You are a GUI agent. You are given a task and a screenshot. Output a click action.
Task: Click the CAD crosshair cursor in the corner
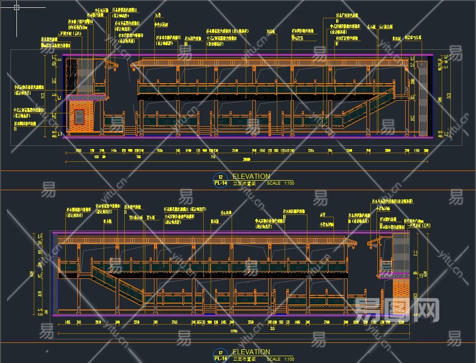[17, 7]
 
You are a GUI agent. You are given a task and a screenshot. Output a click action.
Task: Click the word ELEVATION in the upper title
[251, 176]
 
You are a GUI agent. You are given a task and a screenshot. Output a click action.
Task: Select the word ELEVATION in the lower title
[251, 352]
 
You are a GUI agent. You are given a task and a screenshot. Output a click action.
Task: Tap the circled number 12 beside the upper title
[221, 177]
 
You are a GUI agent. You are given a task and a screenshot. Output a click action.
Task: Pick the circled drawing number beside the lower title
[221, 352]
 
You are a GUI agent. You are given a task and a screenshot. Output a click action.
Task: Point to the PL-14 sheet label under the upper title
[221, 183]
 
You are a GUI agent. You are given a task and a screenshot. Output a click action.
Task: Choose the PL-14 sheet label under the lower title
[221, 358]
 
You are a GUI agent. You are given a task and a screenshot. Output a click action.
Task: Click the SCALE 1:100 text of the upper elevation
[280, 183]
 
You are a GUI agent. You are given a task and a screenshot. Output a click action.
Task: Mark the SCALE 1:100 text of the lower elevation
[280, 359]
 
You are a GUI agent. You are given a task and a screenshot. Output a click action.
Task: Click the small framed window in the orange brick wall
[79, 117]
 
